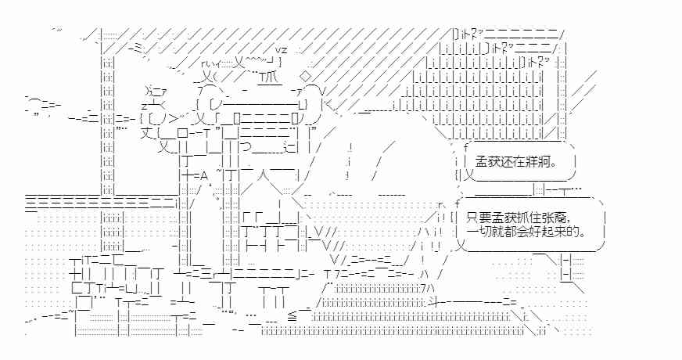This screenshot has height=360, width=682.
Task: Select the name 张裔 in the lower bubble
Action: coord(571,217)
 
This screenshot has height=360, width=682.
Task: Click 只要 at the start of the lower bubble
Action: coord(476,217)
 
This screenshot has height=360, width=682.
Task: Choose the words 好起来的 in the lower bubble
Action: coord(550,232)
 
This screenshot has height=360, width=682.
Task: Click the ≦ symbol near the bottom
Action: coord(291,315)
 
